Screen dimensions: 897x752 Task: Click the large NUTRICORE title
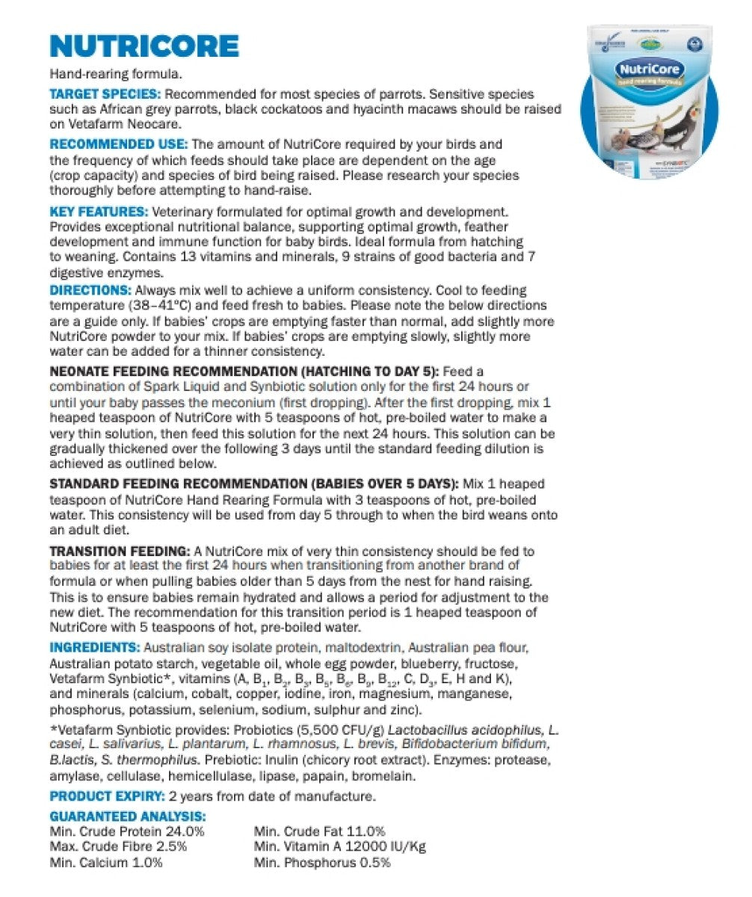144,46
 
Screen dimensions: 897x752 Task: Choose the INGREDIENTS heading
94,647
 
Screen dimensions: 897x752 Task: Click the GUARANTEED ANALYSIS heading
127,817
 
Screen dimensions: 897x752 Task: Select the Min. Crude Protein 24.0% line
127,831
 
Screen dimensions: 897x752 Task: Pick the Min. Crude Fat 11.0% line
320,831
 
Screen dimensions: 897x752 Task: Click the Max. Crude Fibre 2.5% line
118,847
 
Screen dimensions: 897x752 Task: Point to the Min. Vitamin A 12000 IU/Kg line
340,847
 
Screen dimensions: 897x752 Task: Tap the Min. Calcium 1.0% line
106,863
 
